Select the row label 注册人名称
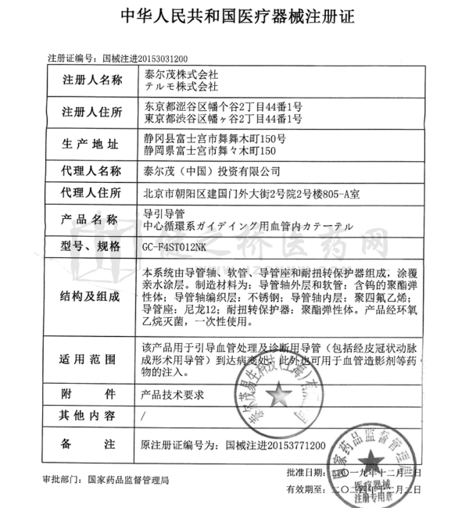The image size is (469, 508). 91,80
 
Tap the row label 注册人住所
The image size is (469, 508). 91,112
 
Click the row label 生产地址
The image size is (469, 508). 91,144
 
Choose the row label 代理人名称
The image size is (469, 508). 91,171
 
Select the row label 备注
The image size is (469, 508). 91,444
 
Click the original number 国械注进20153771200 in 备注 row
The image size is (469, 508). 274,444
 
